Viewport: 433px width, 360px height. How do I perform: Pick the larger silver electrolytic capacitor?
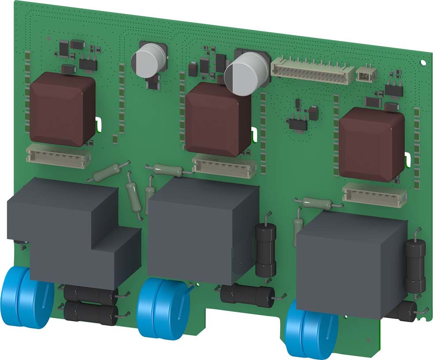247,73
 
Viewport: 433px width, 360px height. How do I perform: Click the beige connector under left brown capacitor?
58,155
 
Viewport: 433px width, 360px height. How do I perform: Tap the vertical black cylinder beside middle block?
265,250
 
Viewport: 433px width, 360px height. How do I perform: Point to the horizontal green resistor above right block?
318,204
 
